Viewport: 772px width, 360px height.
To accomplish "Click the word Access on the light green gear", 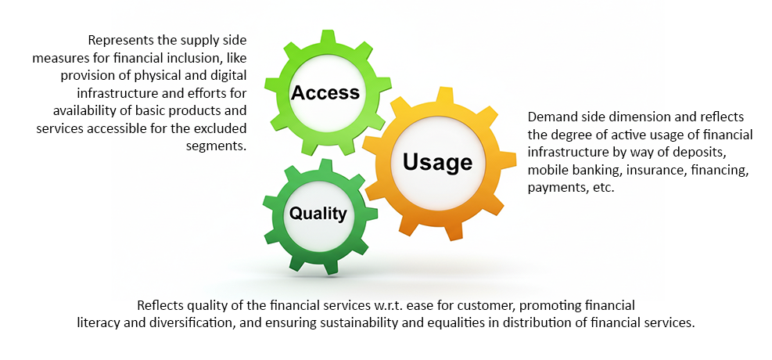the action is pos(325,92).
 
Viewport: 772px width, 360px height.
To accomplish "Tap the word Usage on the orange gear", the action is pos(438,162).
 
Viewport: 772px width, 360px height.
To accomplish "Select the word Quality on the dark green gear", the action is pos(318,214).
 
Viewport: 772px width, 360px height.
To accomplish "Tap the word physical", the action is pos(165,76).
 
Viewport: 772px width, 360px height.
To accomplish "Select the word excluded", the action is pos(221,128).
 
